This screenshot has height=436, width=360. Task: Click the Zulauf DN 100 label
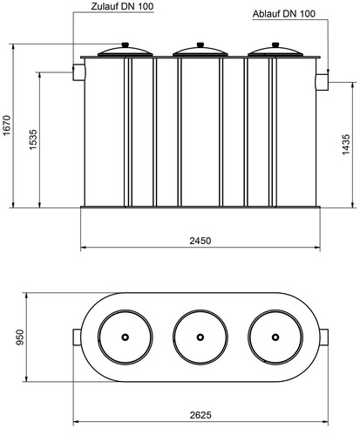(122, 6)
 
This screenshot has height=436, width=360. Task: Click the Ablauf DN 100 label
(283, 14)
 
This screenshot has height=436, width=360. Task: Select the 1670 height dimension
(7, 125)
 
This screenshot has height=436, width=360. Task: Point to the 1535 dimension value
(33, 140)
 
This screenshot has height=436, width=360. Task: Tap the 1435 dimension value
(346, 145)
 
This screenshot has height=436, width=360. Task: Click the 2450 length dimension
(200, 241)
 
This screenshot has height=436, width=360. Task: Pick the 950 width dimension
(20, 337)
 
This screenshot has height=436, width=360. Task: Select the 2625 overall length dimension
(200, 415)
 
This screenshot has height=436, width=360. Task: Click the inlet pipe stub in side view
(78, 72)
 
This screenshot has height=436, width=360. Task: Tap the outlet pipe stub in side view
(322, 82)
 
